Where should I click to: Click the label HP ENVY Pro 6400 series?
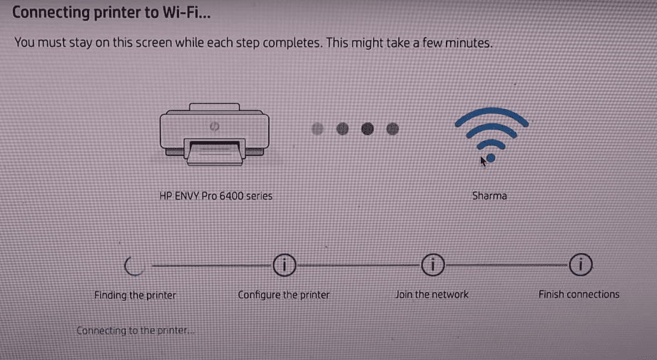tap(215, 195)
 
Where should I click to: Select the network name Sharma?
tap(489, 195)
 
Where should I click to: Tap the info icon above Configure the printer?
tap(283, 266)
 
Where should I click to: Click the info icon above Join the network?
tap(432, 266)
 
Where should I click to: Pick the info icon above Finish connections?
tap(581, 266)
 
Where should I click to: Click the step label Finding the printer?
tap(135, 294)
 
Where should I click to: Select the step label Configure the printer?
tap(283, 294)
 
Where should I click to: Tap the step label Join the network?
tap(432, 294)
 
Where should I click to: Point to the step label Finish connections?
tap(579, 294)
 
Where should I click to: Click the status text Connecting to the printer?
tap(134, 331)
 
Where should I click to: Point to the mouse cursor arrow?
tap(483, 161)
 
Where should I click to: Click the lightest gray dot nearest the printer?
tap(318, 129)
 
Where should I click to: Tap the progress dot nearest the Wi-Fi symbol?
tap(392, 129)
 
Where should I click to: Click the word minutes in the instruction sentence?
tap(469, 43)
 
